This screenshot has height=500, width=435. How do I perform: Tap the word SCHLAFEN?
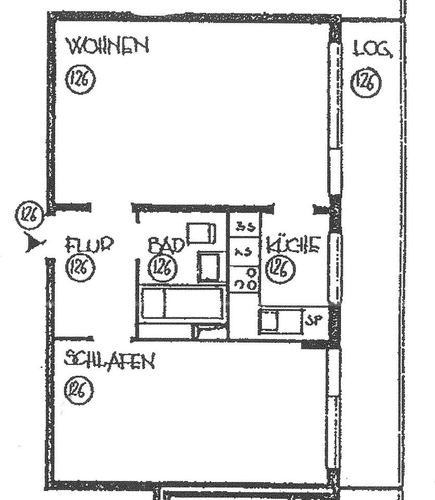click(x=109, y=360)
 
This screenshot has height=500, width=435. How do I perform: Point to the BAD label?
click(x=166, y=245)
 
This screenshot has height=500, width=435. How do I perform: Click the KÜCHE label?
click(x=293, y=244)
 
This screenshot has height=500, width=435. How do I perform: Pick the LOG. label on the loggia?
click(x=372, y=50)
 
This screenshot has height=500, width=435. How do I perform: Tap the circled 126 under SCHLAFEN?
click(x=80, y=391)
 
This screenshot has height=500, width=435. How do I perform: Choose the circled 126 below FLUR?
click(x=80, y=268)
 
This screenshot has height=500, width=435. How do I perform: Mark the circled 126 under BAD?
click(x=163, y=268)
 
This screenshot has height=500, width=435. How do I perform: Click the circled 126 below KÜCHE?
click(x=281, y=268)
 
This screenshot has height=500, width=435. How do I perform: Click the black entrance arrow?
click(x=35, y=243)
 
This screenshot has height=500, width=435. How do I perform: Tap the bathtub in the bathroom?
click(x=182, y=304)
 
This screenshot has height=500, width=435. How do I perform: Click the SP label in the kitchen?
click(x=313, y=320)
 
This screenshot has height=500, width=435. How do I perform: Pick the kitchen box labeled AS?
click(x=244, y=252)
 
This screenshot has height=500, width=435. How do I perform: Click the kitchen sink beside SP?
click(x=281, y=320)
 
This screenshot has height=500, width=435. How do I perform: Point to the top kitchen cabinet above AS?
click(x=244, y=226)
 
